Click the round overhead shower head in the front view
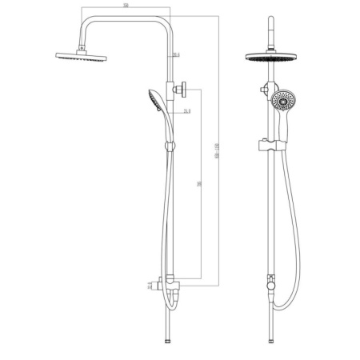pyautogui.click(x=270, y=61)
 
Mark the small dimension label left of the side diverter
pyautogui.click(x=149, y=283)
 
